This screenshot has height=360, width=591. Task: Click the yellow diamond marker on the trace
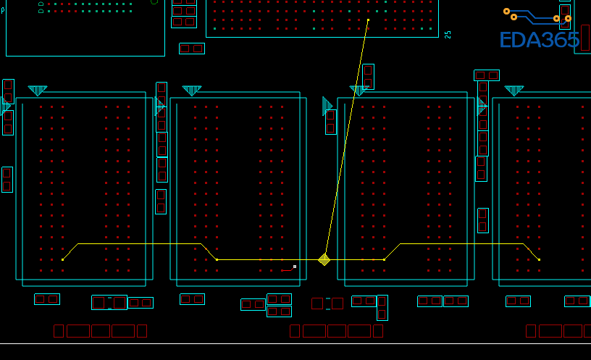pyautogui.click(x=324, y=259)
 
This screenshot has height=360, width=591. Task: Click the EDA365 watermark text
pyautogui.click(x=539, y=41)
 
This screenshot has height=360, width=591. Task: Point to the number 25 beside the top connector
pyautogui.click(x=448, y=34)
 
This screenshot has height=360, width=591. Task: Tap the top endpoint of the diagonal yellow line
pyautogui.click(x=368, y=20)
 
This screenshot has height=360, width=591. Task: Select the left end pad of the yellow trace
pyautogui.click(x=63, y=259)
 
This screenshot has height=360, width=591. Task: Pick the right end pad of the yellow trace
pyautogui.click(x=539, y=259)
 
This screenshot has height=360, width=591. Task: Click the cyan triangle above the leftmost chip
pyautogui.click(x=38, y=91)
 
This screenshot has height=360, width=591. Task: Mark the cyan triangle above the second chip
pyautogui.click(x=192, y=91)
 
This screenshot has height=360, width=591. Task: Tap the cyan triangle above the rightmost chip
pyautogui.click(x=514, y=91)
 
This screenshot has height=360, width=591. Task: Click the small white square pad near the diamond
pyautogui.click(x=295, y=267)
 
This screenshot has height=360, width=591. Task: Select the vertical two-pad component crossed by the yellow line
pyautogui.click(x=368, y=77)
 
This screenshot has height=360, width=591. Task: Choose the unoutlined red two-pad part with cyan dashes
pyautogui.click(x=327, y=304)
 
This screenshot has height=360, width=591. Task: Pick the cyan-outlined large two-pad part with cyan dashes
pyautogui.click(x=109, y=303)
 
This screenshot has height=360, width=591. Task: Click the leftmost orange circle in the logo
pyautogui.click(x=507, y=11)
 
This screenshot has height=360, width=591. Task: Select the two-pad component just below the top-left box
pyautogui.click(x=192, y=49)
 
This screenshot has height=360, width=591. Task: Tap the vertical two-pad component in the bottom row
pyautogui.click(x=382, y=308)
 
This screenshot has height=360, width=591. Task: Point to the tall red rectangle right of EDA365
pyautogui.click(x=585, y=38)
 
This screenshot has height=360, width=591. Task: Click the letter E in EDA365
pyautogui.click(x=506, y=41)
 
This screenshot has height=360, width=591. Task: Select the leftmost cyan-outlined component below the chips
pyautogui.click(x=47, y=299)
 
